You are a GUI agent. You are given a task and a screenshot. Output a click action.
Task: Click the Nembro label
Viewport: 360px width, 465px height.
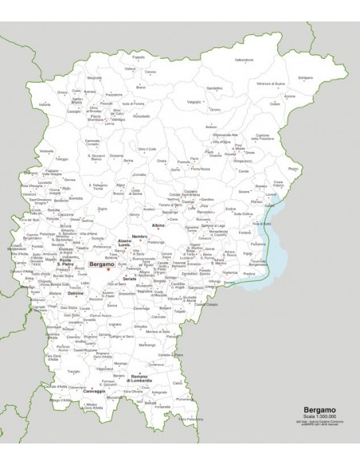139,237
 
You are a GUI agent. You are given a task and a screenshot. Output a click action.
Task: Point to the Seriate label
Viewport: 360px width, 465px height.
130,278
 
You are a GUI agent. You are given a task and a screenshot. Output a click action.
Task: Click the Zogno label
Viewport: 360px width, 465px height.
102,209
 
